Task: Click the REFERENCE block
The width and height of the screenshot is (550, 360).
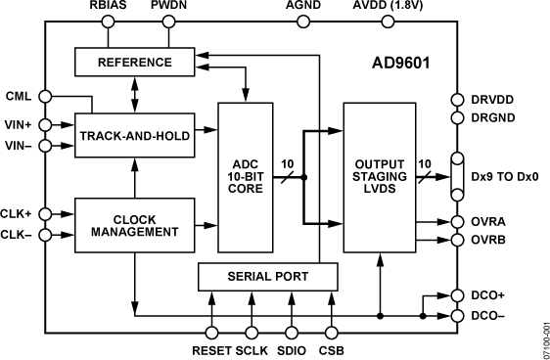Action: [134, 63]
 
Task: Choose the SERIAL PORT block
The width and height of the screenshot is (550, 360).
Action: [268, 277]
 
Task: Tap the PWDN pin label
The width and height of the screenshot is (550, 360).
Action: [167, 9]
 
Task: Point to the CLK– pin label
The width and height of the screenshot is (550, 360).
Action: [18, 235]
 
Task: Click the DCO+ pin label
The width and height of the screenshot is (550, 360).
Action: [488, 295]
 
